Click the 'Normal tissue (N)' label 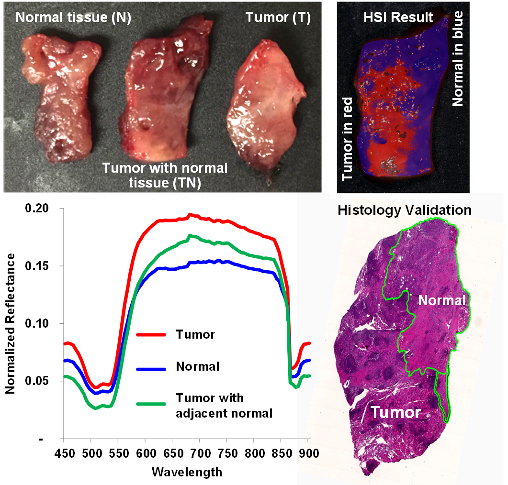(73, 19)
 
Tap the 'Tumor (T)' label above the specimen (278, 19)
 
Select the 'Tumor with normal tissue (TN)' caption (165, 175)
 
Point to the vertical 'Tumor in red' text (348, 139)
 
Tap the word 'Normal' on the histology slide (441, 301)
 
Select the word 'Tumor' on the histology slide (396, 413)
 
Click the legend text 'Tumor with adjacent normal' (224, 406)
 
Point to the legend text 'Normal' (197, 367)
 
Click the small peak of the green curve (190, 235)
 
